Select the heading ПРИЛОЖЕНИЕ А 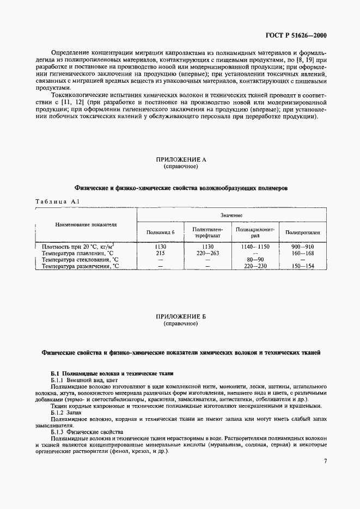[180, 160]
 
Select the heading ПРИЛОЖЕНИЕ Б [180, 316]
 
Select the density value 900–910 [302, 247]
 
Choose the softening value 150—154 [302, 266]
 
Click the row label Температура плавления [77, 253]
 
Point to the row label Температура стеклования [80, 260]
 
